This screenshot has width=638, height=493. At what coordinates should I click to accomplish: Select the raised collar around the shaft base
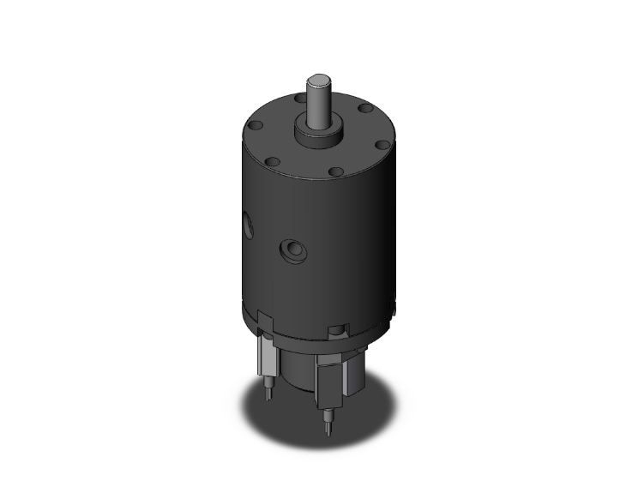pyautogui.click(x=319, y=131)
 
